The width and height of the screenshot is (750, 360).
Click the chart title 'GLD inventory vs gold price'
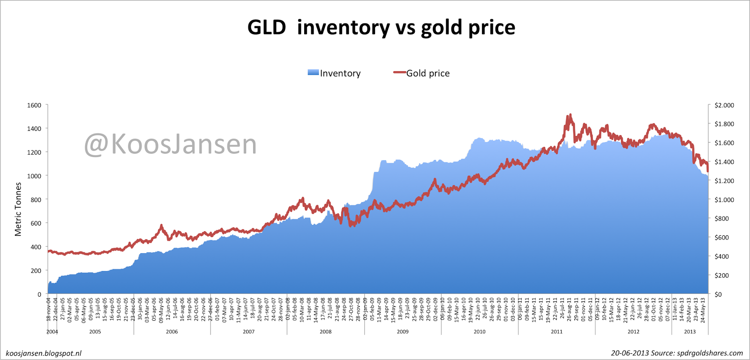(381, 28)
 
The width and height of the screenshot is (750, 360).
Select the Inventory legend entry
(334, 73)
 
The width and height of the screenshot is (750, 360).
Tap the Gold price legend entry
(422, 73)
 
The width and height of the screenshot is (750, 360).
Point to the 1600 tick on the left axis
(34, 105)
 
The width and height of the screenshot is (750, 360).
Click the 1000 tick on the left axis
(34, 176)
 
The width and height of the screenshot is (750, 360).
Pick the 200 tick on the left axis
(36, 271)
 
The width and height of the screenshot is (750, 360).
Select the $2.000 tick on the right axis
(724, 105)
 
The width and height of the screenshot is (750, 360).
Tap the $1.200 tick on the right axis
(724, 181)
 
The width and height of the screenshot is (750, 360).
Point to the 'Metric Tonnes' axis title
(18, 210)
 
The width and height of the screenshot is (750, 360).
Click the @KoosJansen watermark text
(171, 144)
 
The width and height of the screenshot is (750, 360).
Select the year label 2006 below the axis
(172, 332)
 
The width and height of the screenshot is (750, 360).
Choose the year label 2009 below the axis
(403, 332)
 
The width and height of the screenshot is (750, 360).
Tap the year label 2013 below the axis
(690, 332)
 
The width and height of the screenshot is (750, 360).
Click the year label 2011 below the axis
(556, 332)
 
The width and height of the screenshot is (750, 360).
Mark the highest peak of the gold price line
(570, 115)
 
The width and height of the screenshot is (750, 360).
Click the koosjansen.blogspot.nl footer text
(44, 353)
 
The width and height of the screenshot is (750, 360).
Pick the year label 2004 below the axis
(52, 332)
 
